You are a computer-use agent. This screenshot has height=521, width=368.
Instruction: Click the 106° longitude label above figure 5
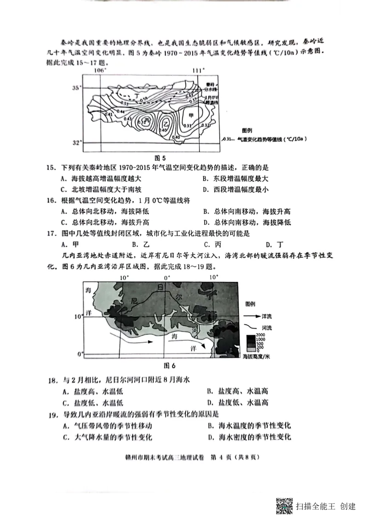click(100, 70)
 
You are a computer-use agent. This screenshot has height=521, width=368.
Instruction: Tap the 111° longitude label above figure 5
click(198, 70)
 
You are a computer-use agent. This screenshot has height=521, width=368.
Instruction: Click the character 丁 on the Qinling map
click(137, 94)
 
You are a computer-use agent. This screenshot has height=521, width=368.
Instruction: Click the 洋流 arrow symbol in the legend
click(252, 317)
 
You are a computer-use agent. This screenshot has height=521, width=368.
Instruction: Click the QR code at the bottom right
click(284, 505)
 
